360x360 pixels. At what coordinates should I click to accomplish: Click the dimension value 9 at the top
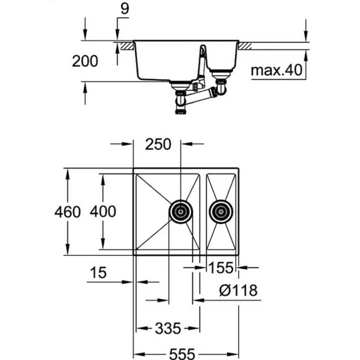124,9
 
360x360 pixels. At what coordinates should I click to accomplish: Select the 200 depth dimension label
85,62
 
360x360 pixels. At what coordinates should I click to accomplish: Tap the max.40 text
276,70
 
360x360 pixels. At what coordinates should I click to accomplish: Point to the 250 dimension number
158,145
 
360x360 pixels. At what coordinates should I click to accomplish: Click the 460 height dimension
67,211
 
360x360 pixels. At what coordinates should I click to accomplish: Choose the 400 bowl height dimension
103,211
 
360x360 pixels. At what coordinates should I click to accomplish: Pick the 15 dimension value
98,273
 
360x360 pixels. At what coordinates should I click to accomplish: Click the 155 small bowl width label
221,268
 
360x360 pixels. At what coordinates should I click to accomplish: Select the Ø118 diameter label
238,291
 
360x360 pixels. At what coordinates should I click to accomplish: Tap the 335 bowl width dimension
168,329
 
